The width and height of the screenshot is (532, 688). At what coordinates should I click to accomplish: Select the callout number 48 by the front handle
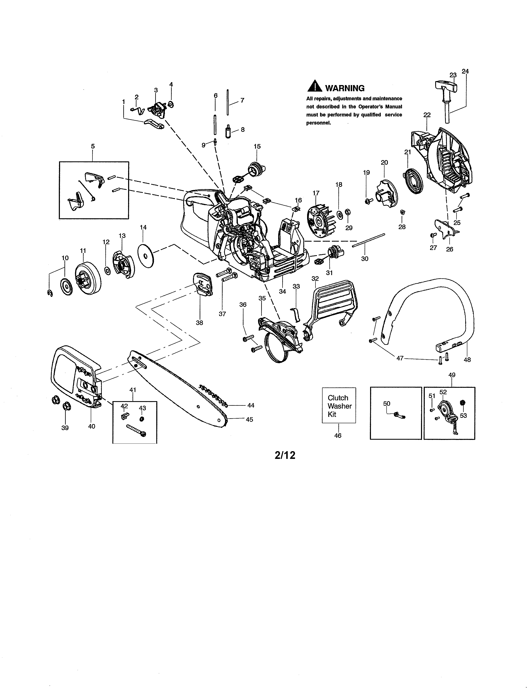point(467,359)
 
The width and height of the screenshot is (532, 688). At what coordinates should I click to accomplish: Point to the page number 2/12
point(285,455)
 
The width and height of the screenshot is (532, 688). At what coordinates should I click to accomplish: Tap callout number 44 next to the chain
point(251,406)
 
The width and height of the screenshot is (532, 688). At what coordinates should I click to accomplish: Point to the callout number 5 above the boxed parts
point(93,146)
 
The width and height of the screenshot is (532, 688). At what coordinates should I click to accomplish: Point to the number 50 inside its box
point(386,404)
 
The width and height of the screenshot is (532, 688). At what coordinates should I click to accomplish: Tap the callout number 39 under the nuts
point(65,428)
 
